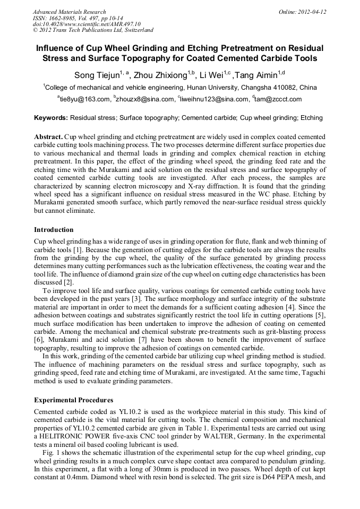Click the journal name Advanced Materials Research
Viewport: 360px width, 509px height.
[69, 12]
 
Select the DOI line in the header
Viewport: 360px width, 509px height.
[87, 24]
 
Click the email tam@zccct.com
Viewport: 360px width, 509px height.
[279, 99]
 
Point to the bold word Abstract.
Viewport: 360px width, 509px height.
[48, 137]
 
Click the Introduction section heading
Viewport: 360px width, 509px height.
[54, 230]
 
